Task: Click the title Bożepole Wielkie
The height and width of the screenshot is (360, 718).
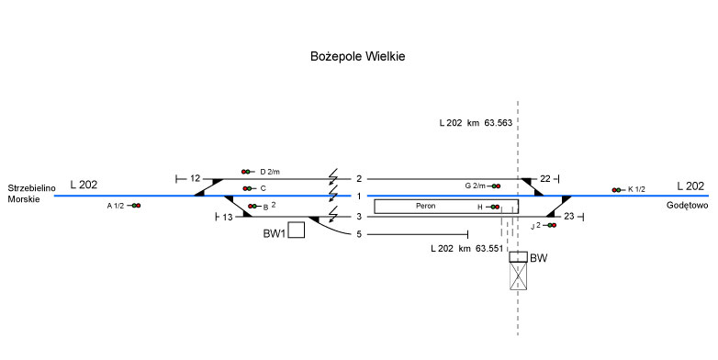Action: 358,56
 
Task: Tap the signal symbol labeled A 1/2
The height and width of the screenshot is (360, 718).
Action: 135,206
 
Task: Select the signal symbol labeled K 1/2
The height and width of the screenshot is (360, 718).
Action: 618,190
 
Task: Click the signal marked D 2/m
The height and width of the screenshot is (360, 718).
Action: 248,172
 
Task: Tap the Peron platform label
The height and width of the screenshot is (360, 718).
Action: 425,206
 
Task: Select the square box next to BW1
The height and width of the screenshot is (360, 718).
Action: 297,230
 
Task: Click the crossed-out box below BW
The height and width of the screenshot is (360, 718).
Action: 519,276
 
